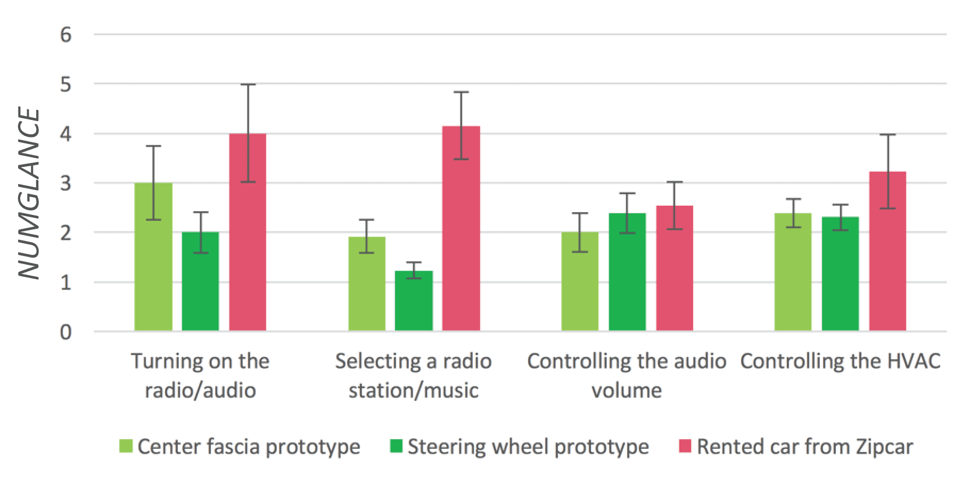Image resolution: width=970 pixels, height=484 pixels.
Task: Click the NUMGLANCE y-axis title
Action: pos(29,195)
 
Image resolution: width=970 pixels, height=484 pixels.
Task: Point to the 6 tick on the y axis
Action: pos(66,35)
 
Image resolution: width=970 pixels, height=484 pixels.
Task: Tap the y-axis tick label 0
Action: pos(66,332)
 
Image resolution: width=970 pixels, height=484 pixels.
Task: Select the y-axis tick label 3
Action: pos(66,183)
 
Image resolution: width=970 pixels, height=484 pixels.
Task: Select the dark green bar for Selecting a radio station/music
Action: pos(414,301)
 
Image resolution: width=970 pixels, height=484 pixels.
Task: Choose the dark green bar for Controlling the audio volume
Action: pos(627,272)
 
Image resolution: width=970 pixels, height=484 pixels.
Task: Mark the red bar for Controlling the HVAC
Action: pos(887,251)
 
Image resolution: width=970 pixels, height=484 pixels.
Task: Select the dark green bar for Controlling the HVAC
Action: pos(840,274)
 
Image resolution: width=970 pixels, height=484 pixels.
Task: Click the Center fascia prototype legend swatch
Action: pos(127,446)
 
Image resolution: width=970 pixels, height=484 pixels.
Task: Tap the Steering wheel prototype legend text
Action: pos(528,446)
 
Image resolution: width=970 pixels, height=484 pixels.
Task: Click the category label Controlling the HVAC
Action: pos(840,361)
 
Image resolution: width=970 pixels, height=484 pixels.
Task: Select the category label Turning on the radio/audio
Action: pos(200,375)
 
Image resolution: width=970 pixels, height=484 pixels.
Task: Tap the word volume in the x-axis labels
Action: pos(627,390)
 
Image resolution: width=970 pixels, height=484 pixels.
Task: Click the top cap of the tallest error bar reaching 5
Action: pos(248,85)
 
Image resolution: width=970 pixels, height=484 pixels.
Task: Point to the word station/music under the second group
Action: pos(413,390)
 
